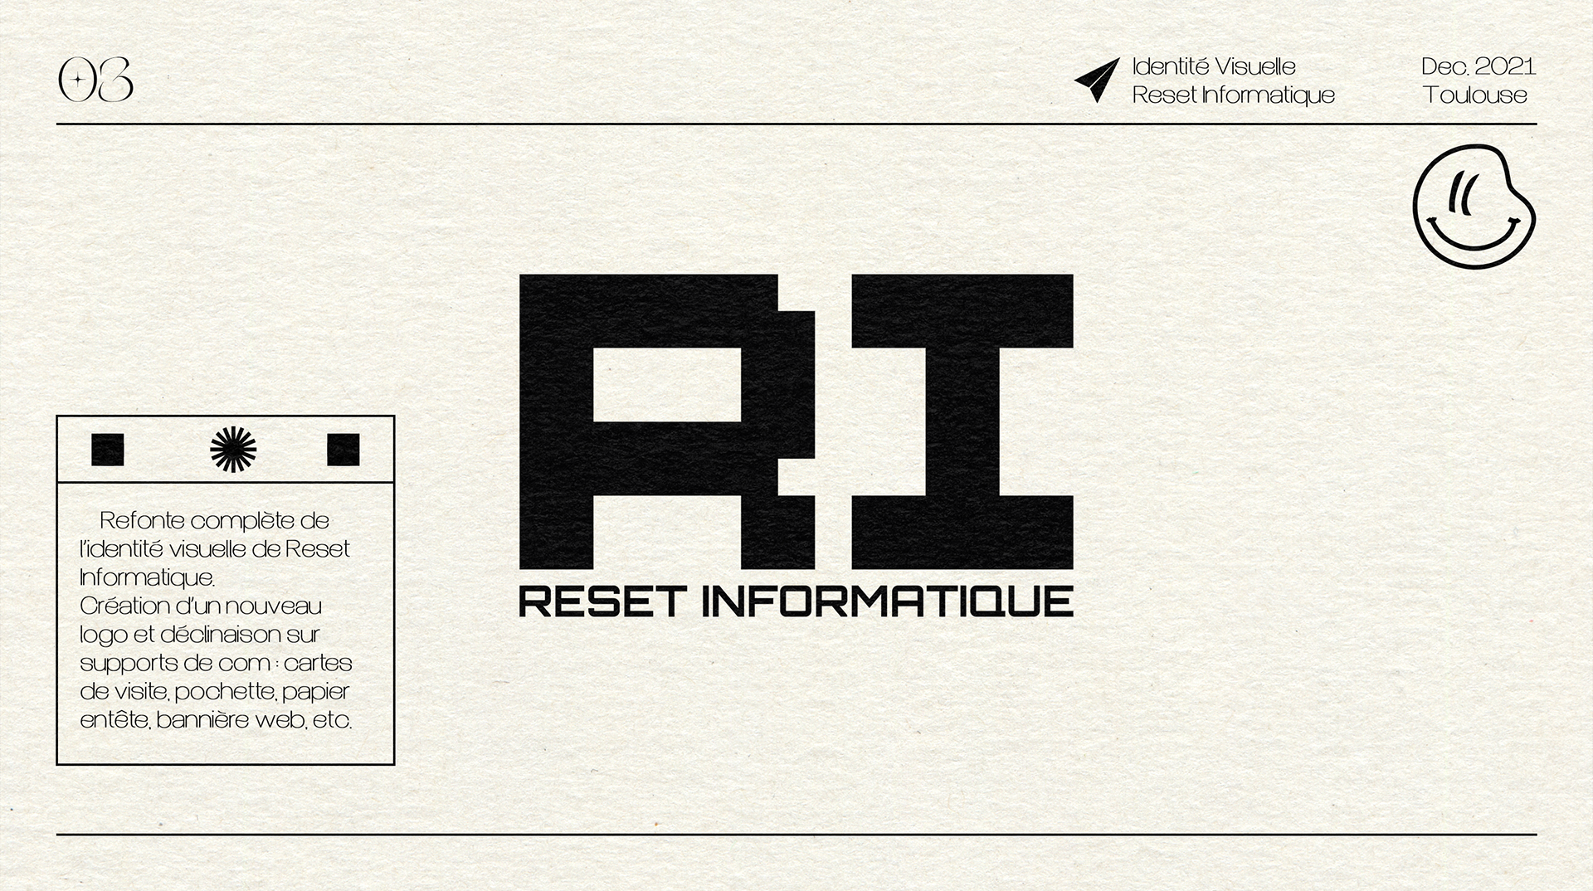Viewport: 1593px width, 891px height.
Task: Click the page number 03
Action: point(95,80)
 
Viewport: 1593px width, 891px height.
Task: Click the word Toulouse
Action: point(1475,95)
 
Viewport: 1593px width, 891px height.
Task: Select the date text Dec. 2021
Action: point(1478,66)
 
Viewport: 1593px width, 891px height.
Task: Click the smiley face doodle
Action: point(1473,206)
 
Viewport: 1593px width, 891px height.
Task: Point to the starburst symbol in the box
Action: point(233,449)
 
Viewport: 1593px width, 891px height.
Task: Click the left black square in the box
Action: point(108,449)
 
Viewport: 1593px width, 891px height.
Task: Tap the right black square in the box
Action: point(343,449)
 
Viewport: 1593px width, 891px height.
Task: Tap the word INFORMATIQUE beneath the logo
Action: point(887,601)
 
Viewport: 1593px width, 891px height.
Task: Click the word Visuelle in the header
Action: point(1254,66)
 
